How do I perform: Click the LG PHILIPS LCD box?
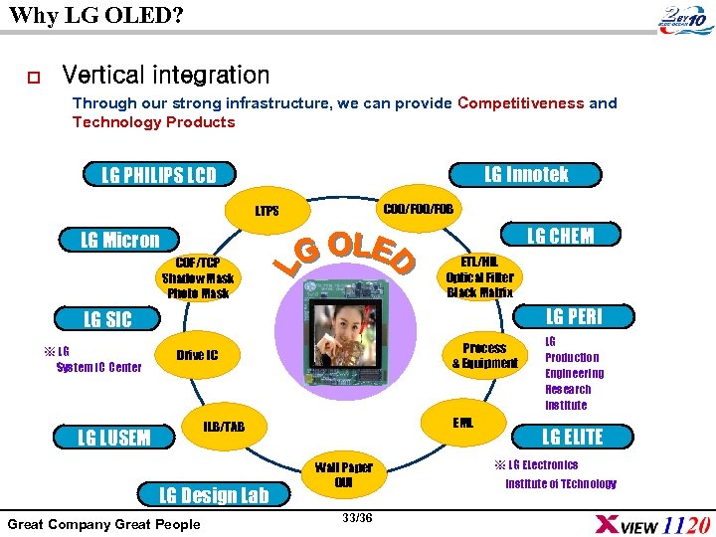[159, 175]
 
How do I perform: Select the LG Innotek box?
[526, 174]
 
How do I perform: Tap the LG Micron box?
[119, 240]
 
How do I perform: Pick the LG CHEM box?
[559, 235]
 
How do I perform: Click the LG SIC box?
[106, 319]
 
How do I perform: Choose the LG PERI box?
[574, 316]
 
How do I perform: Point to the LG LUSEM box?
[114, 438]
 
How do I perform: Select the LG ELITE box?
[572, 436]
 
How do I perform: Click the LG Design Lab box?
[215, 495]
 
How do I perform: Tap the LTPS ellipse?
[267, 211]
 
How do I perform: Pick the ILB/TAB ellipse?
[224, 427]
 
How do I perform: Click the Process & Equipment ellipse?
[484, 355]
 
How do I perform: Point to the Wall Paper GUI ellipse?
[343, 475]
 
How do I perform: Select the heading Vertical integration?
[165, 75]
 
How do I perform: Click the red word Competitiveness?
[520, 103]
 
